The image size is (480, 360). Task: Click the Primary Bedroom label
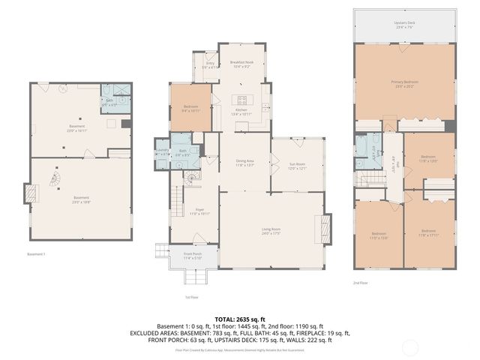click(403, 83)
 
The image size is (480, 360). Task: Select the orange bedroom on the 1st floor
click(190, 109)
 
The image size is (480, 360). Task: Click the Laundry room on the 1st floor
click(162, 151)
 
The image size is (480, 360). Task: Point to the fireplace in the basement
click(31, 194)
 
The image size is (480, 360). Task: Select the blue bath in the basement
click(112, 100)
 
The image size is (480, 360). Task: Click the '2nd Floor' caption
click(361, 283)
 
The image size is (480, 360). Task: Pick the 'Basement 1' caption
click(36, 254)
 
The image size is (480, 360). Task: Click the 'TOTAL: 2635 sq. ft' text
click(239, 319)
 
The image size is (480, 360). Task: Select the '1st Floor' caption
click(192, 297)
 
